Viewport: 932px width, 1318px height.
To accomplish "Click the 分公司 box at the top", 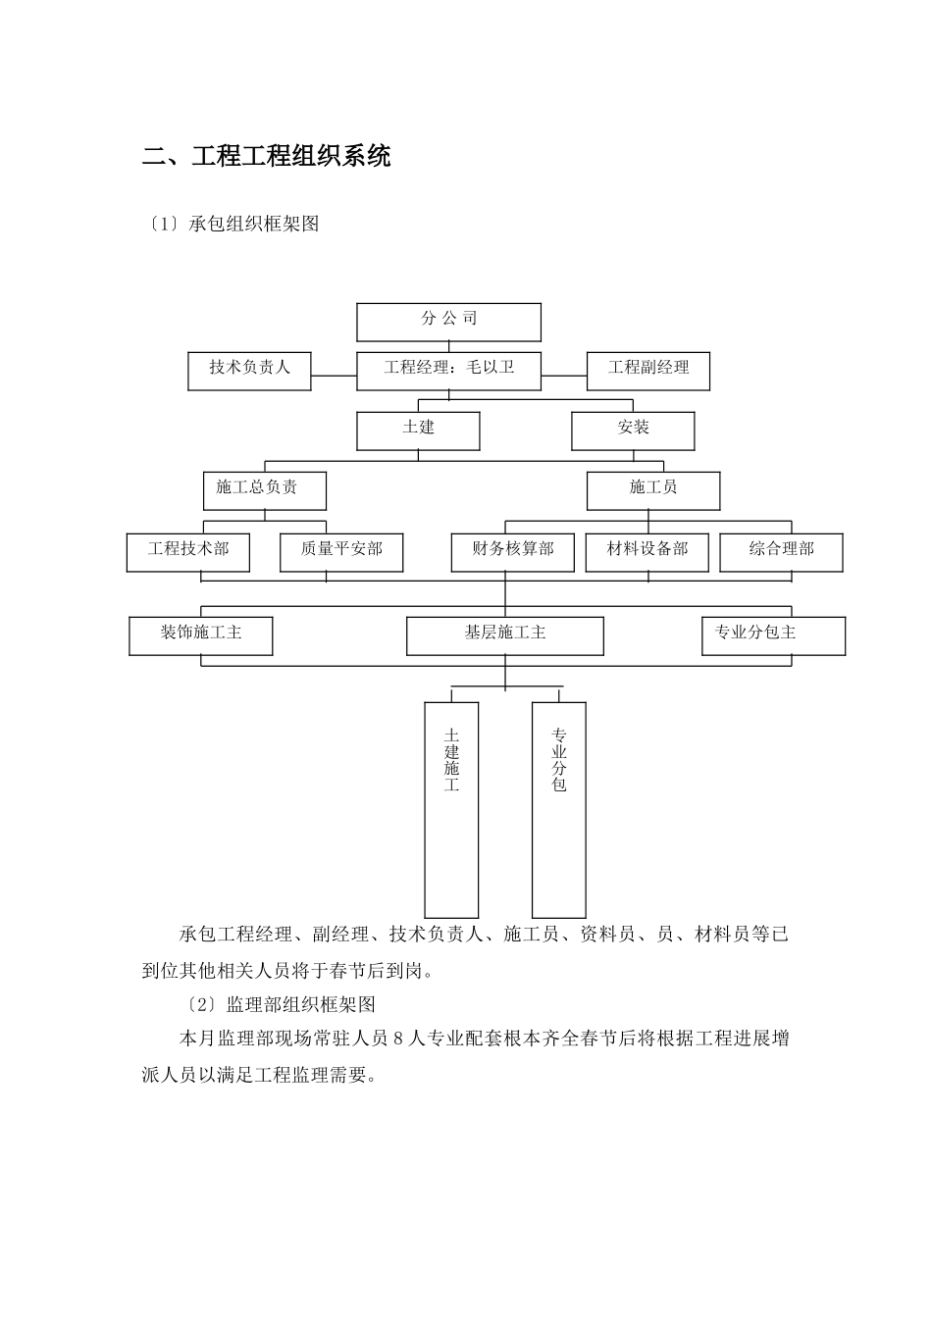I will [448, 322].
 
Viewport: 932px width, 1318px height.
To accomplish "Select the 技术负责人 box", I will [249, 370].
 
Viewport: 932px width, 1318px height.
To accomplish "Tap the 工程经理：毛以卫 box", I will [448, 370].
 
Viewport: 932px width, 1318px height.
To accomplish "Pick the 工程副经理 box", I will [647, 370].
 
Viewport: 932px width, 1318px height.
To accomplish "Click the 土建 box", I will [418, 430].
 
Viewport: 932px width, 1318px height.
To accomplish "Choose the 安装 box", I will [633, 430].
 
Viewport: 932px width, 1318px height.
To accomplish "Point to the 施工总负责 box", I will [264, 489].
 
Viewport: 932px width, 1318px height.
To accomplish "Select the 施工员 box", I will [652, 489].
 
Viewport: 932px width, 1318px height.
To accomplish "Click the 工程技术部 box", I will [187, 551].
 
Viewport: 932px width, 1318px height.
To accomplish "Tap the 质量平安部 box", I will [341, 551].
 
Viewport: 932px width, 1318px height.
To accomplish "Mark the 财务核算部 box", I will [512, 551].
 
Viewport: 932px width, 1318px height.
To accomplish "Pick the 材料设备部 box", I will [647, 551].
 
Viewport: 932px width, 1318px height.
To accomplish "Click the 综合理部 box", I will [781, 551].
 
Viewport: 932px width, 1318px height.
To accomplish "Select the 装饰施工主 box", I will [200, 634].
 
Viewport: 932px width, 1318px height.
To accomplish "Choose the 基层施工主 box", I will [504, 634].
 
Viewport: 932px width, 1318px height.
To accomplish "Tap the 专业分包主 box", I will [773, 634].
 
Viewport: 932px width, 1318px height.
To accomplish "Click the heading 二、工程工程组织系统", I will [267, 156].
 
